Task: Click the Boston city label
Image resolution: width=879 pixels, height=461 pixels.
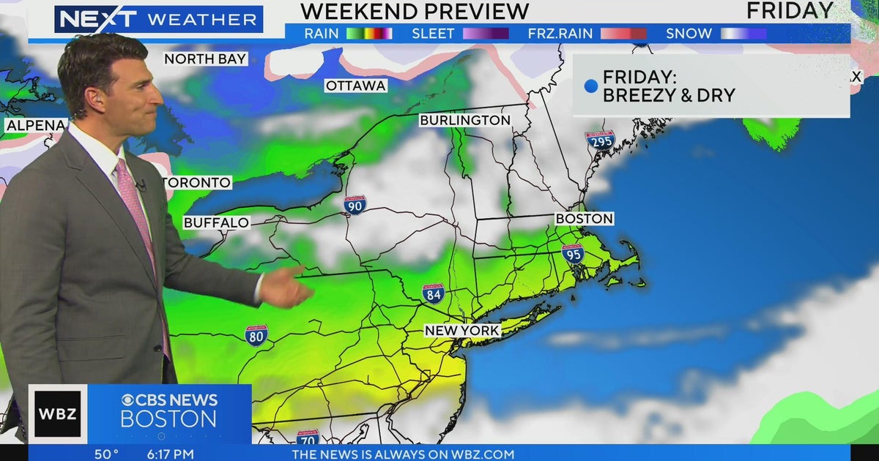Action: (584, 218)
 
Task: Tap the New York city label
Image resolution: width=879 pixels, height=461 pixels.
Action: (462, 331)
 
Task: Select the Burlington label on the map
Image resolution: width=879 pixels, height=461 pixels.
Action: (465, 120)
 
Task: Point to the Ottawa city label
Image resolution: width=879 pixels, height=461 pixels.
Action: (356, 86)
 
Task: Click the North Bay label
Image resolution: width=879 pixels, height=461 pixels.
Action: (206, 59)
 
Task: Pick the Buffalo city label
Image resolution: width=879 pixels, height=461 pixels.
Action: (216, 222)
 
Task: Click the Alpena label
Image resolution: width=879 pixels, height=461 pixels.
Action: (34, 126)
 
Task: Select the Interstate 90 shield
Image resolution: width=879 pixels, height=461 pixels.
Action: (355, 205)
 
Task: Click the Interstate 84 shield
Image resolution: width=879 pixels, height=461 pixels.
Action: (434, 293)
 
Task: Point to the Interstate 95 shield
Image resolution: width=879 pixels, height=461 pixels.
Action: (573, 253)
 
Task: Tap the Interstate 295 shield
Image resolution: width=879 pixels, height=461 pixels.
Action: (600, 140)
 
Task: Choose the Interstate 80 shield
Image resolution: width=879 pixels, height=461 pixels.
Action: (256, 335)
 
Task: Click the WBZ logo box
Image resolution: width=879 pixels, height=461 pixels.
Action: (57, 414)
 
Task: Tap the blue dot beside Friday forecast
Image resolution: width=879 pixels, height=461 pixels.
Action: (590, 86)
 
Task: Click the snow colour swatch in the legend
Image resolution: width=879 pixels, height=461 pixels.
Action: (743, 34)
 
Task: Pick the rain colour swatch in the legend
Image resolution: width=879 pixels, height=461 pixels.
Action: (369, 34)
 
